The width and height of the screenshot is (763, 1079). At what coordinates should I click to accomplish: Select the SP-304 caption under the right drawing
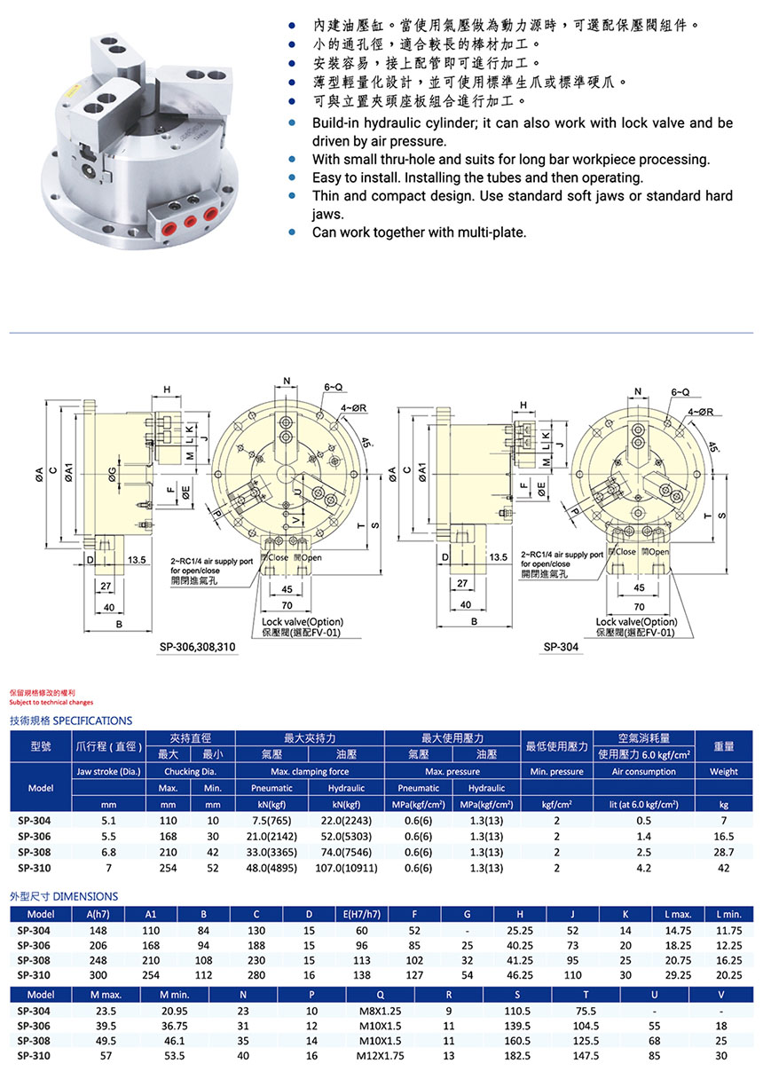click(558, 647)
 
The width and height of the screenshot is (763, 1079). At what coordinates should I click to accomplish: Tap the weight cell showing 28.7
click(723, 851)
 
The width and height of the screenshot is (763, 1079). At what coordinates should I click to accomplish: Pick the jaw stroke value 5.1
click(108, 821)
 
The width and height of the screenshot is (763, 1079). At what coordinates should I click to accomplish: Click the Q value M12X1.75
click(381, 1056)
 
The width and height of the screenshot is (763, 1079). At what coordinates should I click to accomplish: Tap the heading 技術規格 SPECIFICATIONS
click(70, 721)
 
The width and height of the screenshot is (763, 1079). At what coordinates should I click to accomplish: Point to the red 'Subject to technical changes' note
click(51, 702)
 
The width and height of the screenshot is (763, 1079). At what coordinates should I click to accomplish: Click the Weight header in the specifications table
click(723, 771)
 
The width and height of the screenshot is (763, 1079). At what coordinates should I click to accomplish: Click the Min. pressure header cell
click(556, 771)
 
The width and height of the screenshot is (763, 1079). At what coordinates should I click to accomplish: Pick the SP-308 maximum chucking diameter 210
click(168, 851)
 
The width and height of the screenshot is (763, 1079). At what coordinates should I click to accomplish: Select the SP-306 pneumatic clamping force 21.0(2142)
click(271, 836)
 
